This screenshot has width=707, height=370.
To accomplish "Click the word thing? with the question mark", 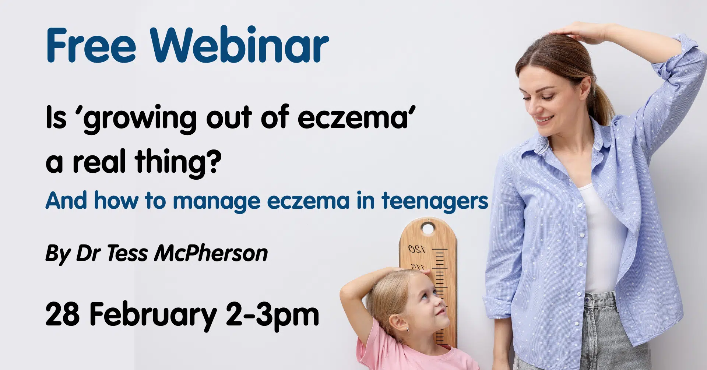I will [178, 162].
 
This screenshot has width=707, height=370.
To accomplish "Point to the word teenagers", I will [435, 201].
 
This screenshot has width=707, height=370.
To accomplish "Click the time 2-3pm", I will [272, 315].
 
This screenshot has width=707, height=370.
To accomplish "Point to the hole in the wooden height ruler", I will [428, 229].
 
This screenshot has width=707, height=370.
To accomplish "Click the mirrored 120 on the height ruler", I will [416, 250].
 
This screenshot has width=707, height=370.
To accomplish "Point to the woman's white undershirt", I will [600, 236].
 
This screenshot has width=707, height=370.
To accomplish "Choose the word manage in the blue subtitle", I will [217, 201].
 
